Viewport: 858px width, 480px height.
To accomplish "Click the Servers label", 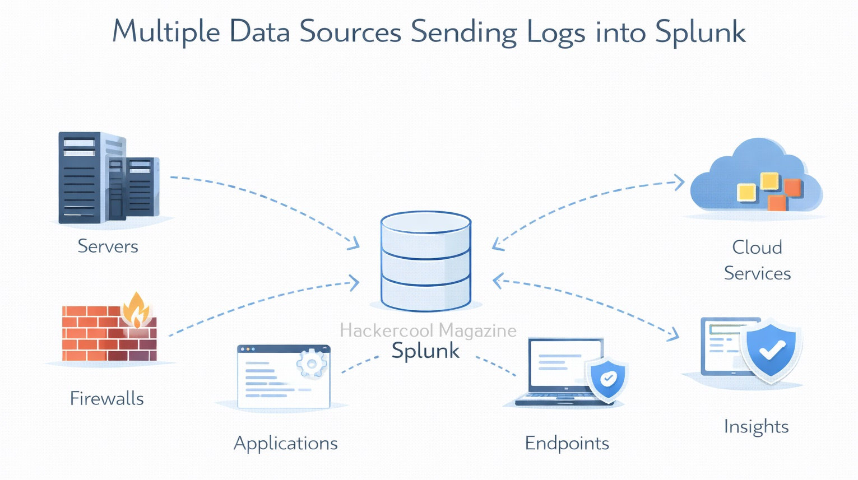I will click(x=108, y=246).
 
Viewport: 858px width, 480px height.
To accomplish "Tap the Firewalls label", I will click(x=106, y=398).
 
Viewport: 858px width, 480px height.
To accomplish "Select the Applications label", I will click(x=285, y=443).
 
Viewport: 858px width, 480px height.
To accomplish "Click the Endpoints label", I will click(x=567, y=443).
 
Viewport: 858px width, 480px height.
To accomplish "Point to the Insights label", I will click(x=756, y=427).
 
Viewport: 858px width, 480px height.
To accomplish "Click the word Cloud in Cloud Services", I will click(x=757, y=247).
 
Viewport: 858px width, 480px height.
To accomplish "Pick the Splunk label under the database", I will click(x=425, y=351).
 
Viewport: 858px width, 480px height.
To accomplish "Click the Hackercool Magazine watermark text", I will click(x=428, y=330).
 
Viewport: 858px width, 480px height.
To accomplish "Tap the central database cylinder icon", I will click(x=426, y=260).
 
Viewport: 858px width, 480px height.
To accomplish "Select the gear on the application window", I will click(x=312, y=365).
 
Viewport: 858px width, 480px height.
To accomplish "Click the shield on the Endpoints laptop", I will click(x=607, y=379).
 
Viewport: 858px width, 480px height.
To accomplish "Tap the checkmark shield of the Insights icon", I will click(x=771, y=350).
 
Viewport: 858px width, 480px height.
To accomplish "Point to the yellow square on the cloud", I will click(x=747, y=193).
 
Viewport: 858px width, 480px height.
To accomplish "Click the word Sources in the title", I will click(x=350, y=31).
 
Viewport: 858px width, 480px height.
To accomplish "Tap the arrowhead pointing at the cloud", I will click(x=679, y=182).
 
